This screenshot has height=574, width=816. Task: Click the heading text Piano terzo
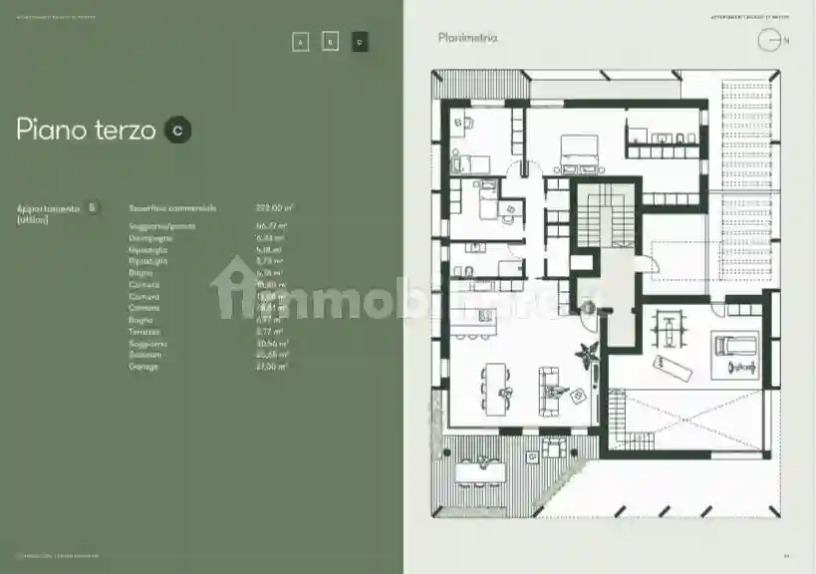[x=85, y=130]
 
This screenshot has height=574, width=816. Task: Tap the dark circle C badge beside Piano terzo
[x=178, y=130]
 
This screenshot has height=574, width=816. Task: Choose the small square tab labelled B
[x=331, y=42]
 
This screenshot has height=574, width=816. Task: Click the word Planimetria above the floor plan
[x=467, y=38]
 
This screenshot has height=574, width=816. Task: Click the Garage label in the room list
[x=144, y=367]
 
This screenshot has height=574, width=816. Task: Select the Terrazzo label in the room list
[x=145, y=331]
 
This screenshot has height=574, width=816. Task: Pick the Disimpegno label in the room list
[x=148, y=238]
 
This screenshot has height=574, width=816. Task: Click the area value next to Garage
[x=271, y=367]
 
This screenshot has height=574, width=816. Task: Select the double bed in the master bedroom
[x=579, y=151]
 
